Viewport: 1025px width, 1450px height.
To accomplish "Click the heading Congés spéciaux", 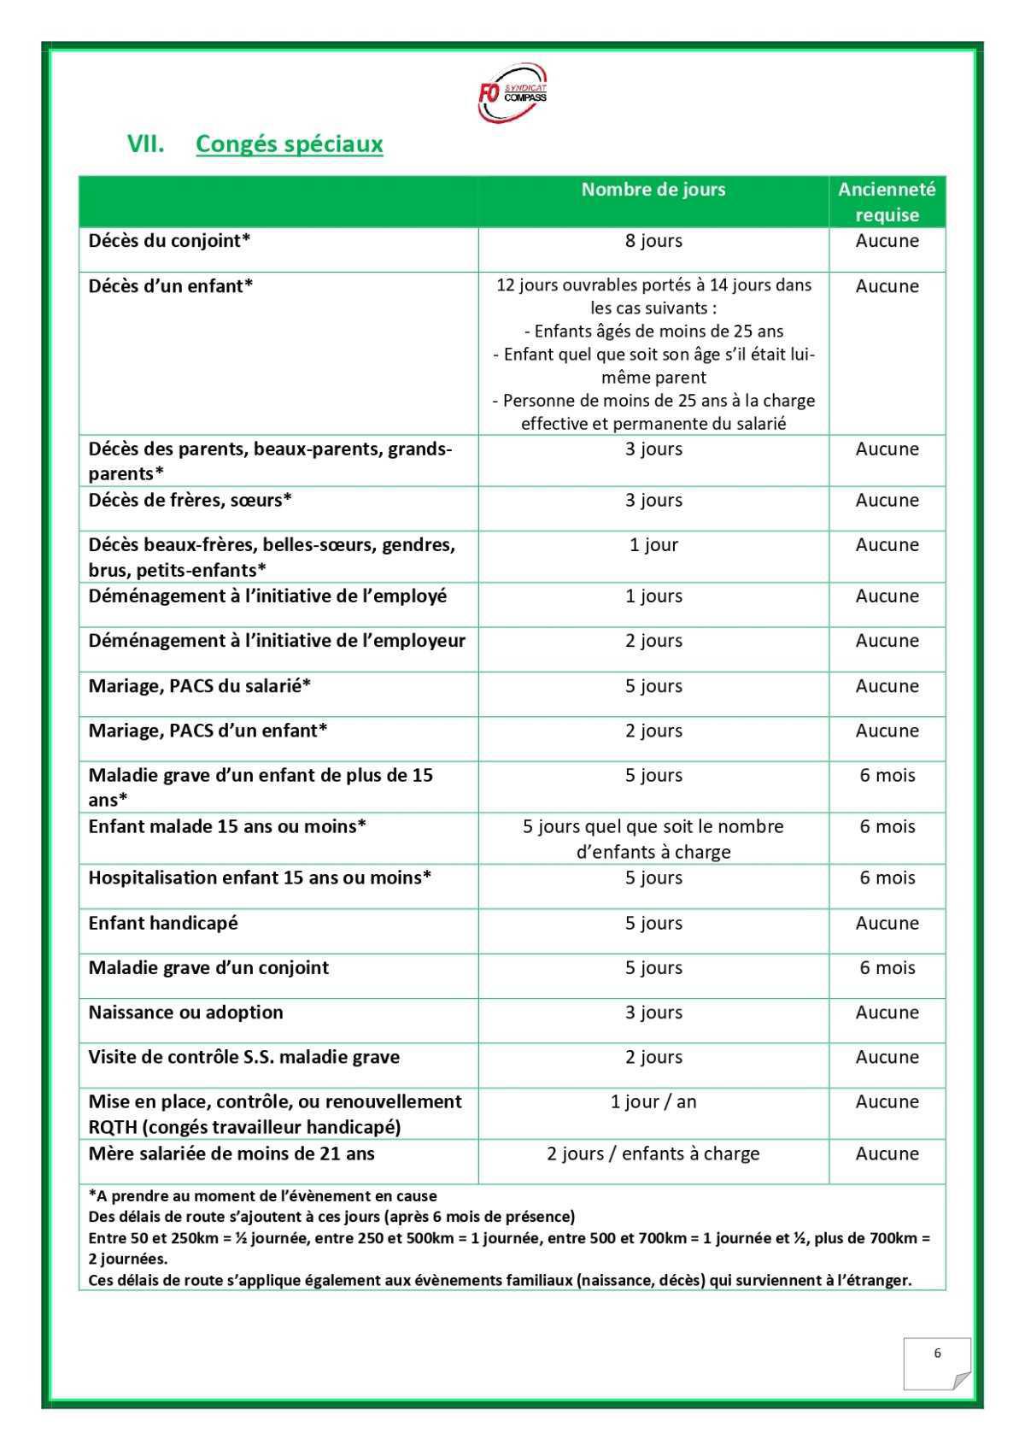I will tap(289, 144).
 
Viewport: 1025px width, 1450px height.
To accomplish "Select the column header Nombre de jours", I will tap(653, 190).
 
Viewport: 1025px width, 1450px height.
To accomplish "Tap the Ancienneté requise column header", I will tap(887, 202).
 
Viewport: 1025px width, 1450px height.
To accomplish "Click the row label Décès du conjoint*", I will tap(169, 241).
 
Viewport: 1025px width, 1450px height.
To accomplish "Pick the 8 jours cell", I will tap(653, 241).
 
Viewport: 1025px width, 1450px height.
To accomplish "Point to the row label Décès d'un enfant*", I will tap(171, 286).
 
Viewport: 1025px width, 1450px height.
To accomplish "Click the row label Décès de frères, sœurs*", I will tap(190, 501).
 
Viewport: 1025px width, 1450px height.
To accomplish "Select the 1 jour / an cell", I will tap(653, 1102).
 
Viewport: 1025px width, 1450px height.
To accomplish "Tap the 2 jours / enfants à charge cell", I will tap(653, 1154).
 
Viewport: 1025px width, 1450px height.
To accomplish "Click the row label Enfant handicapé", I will tap(163, 924).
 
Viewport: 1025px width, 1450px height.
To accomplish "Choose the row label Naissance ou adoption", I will tap(185, 1013).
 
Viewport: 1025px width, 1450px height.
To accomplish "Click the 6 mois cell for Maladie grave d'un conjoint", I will tap(887, 968).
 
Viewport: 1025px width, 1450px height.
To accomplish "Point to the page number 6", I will tap(937, 1353).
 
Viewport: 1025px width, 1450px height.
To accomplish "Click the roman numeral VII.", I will tap(145, 144).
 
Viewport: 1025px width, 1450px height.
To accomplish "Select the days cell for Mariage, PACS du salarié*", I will tap(653, 686).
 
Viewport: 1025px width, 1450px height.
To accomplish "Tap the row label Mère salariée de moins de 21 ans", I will tap(231, 1154).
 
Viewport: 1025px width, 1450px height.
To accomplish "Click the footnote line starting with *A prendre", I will tap(262, 1196).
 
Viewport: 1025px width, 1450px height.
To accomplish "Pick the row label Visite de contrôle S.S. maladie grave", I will tap(243, 1058).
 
